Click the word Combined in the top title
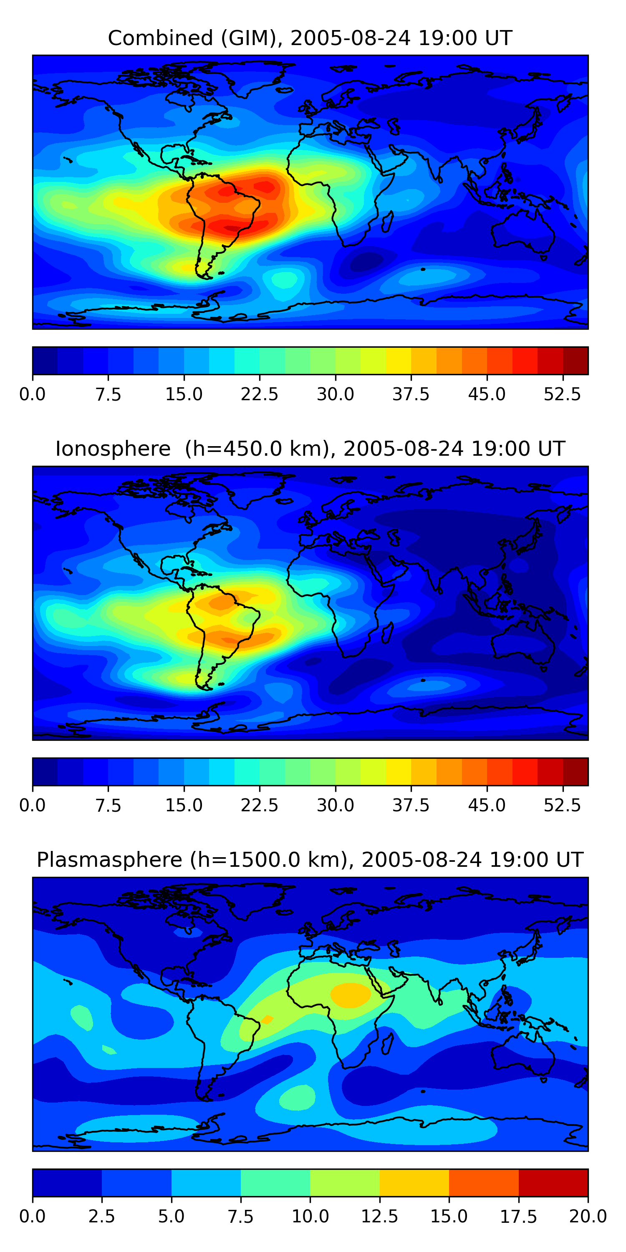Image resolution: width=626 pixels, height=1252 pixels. click(160, 38)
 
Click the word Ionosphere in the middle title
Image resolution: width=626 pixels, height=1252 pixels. click(113, 449)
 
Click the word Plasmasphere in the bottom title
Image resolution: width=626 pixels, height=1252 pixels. click(109, 860)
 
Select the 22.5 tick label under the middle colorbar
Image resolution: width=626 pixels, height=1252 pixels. click(260, 806)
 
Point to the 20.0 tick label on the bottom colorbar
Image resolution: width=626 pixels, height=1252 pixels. click(588, 1217)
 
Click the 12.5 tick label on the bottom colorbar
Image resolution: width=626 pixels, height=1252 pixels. click(380, 1217)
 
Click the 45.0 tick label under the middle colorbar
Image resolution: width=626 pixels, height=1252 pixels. click(487, 806)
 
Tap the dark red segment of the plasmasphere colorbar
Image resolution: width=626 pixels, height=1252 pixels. click(553, 1182)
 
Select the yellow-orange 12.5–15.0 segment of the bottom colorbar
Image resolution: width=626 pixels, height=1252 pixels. click(414, 1182)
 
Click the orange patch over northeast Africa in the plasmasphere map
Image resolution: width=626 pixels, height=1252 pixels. click(351, 995)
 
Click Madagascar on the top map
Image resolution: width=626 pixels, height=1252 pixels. click(387, 222)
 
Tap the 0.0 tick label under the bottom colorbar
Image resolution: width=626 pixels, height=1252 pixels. click(33, 1217)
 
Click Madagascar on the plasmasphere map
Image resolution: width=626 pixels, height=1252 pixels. click(387, 1044)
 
